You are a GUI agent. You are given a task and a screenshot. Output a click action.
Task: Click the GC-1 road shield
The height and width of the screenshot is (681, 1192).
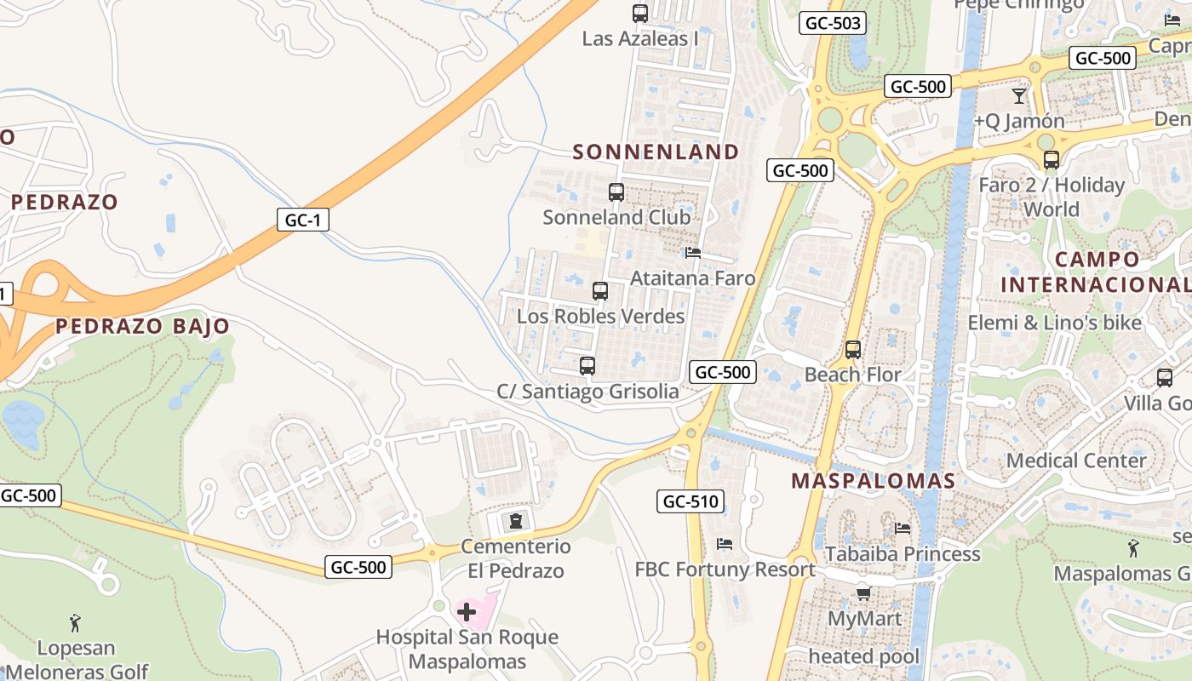(x=302, y=220)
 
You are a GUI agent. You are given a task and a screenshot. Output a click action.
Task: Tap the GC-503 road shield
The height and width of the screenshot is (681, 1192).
(x=833, y=23)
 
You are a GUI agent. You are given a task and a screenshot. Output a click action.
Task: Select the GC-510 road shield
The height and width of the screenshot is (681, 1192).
(x=691, y=501)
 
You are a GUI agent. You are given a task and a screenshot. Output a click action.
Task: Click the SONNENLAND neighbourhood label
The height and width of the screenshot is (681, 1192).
(x=656, y=152)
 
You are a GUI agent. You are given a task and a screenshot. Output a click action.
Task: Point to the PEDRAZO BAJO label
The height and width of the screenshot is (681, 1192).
(x=143, y=326)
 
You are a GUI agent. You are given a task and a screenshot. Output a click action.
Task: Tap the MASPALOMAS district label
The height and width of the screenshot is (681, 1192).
(x=874, y=481)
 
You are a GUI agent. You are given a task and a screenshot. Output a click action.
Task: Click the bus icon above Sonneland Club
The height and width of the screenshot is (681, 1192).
(x=616, y=192)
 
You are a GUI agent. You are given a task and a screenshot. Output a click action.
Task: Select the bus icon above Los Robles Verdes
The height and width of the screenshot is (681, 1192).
(x=600, y=291)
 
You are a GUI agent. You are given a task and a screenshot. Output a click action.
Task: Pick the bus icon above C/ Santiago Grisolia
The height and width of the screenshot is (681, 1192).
(x=587, y=366)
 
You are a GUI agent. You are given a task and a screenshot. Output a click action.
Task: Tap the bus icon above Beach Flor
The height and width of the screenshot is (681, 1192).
(x=853, y=349)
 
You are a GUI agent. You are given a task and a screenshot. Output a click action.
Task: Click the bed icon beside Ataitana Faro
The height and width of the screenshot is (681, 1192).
(x=693, y=253)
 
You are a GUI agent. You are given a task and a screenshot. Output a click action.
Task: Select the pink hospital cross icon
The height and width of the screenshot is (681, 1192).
(x=467, y=611)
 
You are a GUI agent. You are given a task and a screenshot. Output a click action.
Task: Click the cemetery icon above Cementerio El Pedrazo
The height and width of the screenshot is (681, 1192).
(x=515, y=520)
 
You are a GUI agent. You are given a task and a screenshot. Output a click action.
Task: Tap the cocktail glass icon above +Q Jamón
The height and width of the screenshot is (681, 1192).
(x=1019, y=95)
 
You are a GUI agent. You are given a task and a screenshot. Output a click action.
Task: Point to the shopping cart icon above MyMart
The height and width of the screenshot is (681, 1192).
(x=863, y=593)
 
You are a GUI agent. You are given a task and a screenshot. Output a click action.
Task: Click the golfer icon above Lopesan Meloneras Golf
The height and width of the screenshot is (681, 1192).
(x=75, y=623)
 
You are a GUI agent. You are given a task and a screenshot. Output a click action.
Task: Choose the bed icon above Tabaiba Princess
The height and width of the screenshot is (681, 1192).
(x=903, y=529)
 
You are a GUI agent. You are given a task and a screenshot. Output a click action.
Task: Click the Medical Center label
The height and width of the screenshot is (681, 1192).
(x=1076, y=461)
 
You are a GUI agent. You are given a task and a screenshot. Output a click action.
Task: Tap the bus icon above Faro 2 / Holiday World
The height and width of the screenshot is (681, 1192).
(x=1052, y=159)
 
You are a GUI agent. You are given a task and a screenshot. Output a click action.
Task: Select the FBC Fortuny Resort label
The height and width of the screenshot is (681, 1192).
(x=725, y=569)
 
